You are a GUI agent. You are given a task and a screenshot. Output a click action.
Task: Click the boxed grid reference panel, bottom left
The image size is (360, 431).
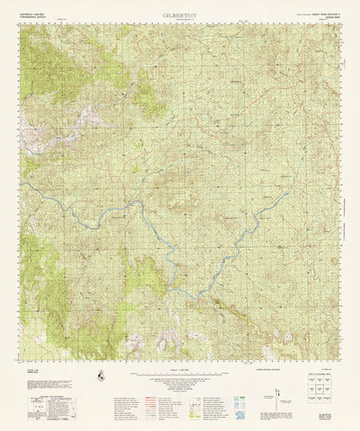(37, 408)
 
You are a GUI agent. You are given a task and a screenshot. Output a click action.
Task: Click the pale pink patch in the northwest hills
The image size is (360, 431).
(90, 117)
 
